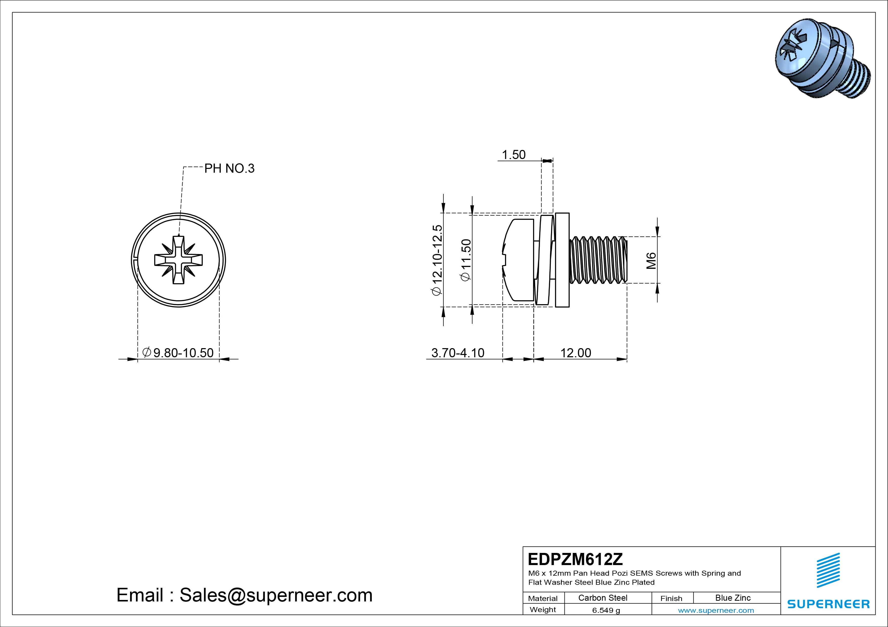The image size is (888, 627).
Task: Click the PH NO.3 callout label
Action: pos(229,168)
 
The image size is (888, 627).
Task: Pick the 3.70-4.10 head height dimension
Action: pos(457,353)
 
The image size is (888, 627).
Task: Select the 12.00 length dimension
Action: pos(575,353)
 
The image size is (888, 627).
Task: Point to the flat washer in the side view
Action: pos(562,260)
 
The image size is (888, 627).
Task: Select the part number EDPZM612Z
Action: pos(575,559)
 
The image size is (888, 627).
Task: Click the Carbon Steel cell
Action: pos(602,598)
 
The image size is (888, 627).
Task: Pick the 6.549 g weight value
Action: pos(606,610)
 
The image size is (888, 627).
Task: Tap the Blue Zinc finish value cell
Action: pos(733,598)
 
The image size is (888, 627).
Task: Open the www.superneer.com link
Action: pos(716,610)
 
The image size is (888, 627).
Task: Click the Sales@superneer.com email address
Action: pos(276,595)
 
